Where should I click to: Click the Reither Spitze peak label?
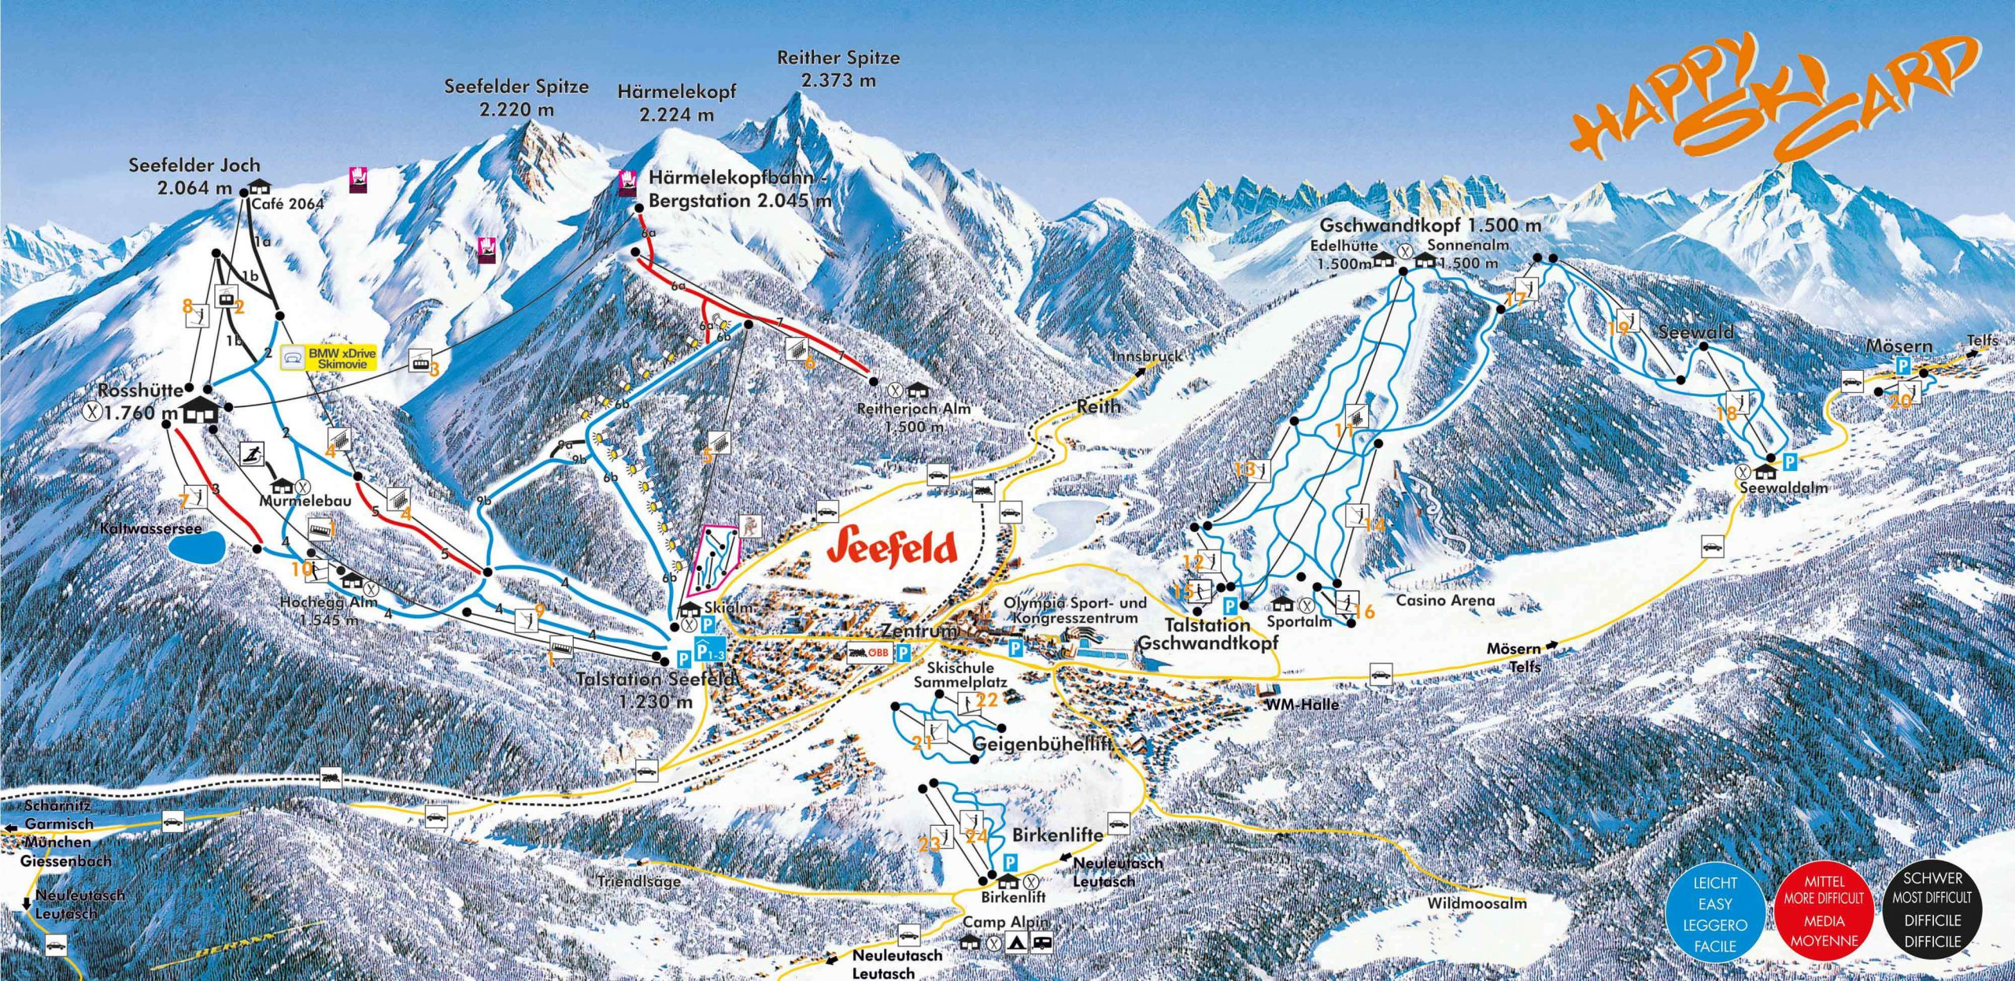[838, 68]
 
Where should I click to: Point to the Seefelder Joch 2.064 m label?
[194, 176]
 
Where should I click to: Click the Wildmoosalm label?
[1477, 903]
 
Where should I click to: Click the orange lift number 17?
[1515, 300]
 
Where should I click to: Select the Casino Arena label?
[1445, 600]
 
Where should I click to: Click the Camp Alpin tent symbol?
[1018, 942]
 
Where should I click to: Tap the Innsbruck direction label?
[1146, 357]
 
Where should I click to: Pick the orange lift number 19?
[1618, 329]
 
